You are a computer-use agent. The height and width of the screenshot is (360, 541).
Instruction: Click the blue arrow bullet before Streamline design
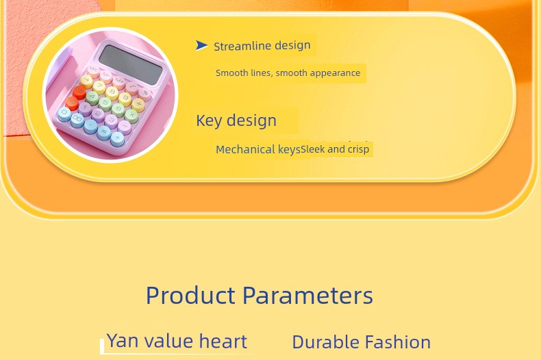point(201,45)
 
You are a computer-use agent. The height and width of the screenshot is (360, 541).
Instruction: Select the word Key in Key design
point(209,120)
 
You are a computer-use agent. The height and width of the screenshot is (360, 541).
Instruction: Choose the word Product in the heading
point(190,295)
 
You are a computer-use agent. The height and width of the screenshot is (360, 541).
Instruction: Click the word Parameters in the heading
point(307,295)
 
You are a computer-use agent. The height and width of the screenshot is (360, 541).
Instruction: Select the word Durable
point(326,342)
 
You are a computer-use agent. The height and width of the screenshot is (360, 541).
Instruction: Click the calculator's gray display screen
point(130,64)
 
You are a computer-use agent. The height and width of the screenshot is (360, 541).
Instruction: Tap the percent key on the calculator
point(145,93)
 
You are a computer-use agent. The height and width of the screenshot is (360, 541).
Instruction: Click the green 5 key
point(105,103)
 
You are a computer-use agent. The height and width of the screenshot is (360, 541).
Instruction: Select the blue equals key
point(104,132)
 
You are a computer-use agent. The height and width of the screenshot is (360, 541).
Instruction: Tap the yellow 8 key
point(112,92)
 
